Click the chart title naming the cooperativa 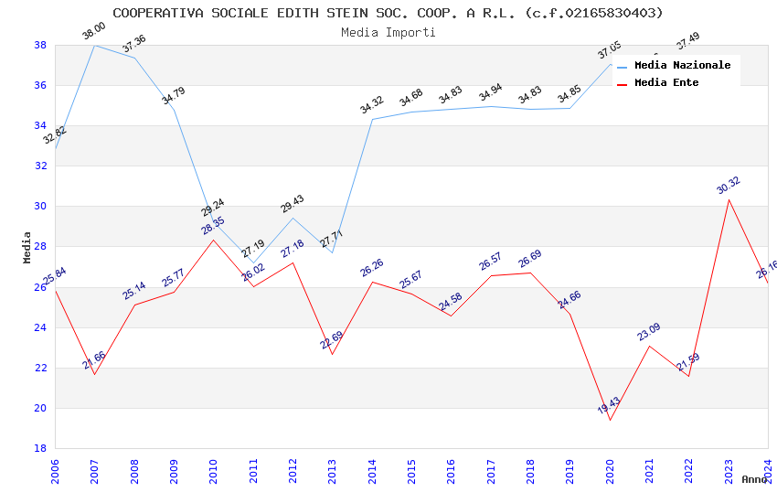(388, 13)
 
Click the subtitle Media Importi (388, 32)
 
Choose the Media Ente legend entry (665, 82)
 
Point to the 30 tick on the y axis (41, 207)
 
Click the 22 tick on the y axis (41, 368)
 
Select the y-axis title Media (27, 247)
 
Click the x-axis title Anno (754, 479)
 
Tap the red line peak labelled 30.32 (729, 199)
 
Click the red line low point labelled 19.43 (610, 420)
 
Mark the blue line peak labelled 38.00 (94, 45)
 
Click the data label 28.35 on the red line (212, 226)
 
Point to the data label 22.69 (331, 340)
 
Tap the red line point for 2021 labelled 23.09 (649, 346)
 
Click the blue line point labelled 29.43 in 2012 (293, 218)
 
